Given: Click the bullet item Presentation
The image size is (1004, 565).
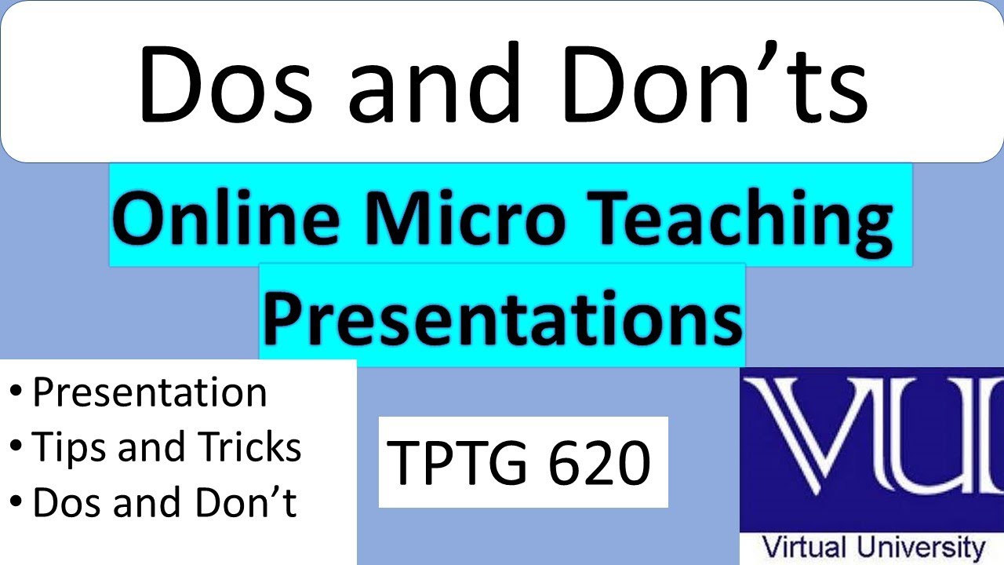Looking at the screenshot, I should click(149, 392).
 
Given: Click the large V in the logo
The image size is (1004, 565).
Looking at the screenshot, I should click(808, 447).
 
